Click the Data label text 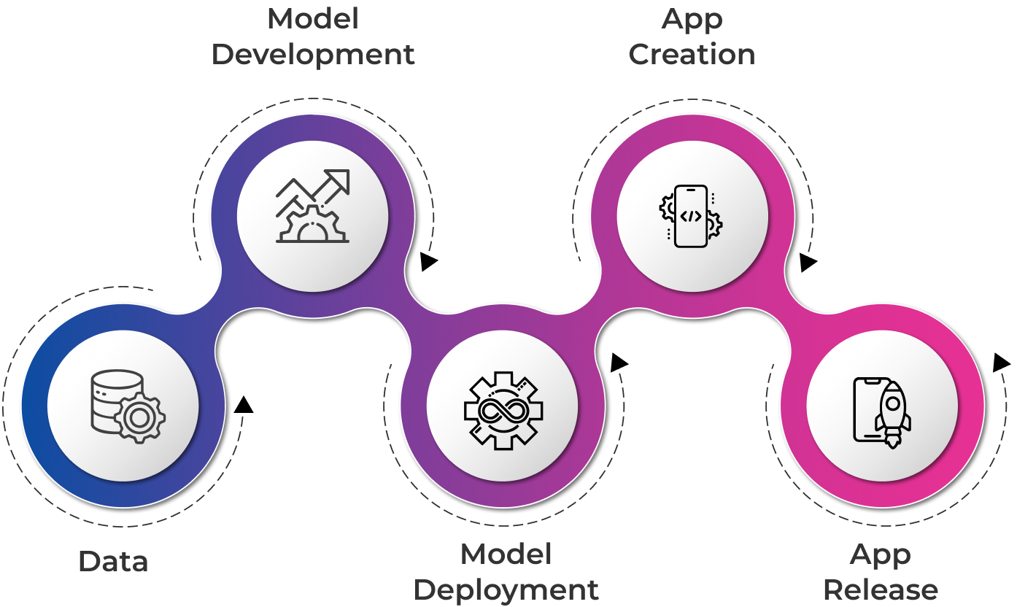pyautogui.click(x=113, y=562)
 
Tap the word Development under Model pyautogui.click(x=313, y=55)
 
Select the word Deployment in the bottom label pyautogui.click(x=506, y=589)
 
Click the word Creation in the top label pyautogui.click(x=692, y=55)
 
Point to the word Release pyautogui.click(x=881, y=589)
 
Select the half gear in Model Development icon pyautogui.click(x=312, y=225)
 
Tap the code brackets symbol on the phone pyautogui.click(x=691, y=216)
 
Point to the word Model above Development pyautogui.click(x=313, y=19)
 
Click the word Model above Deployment pyautogui.click(x=506, y=554)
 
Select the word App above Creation pyautogui.click(x=692, y=19)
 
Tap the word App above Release pyautogui.click(x=881, y=554)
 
